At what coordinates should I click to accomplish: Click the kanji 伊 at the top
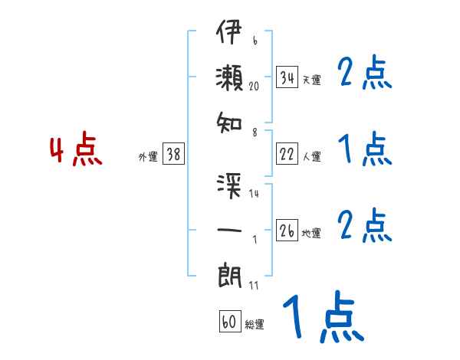tap(229, 35)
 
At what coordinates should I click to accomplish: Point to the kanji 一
tap(229, 230)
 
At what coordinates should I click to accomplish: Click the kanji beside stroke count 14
tap(229, 185)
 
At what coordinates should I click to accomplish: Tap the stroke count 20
tap(255, 87)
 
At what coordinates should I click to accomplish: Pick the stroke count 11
tap(254, 286)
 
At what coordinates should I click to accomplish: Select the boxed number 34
tap(287, 77)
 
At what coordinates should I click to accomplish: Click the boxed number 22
tap(287, 154)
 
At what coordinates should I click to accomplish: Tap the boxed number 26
tap(287, 231)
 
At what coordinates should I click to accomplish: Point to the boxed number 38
tap(173, 154)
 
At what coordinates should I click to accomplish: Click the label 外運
tap(148, 156)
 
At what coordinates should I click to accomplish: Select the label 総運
tap(255, 325)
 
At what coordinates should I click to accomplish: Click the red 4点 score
tap(76, 150)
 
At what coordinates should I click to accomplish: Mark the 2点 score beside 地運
tap(365, 226)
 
